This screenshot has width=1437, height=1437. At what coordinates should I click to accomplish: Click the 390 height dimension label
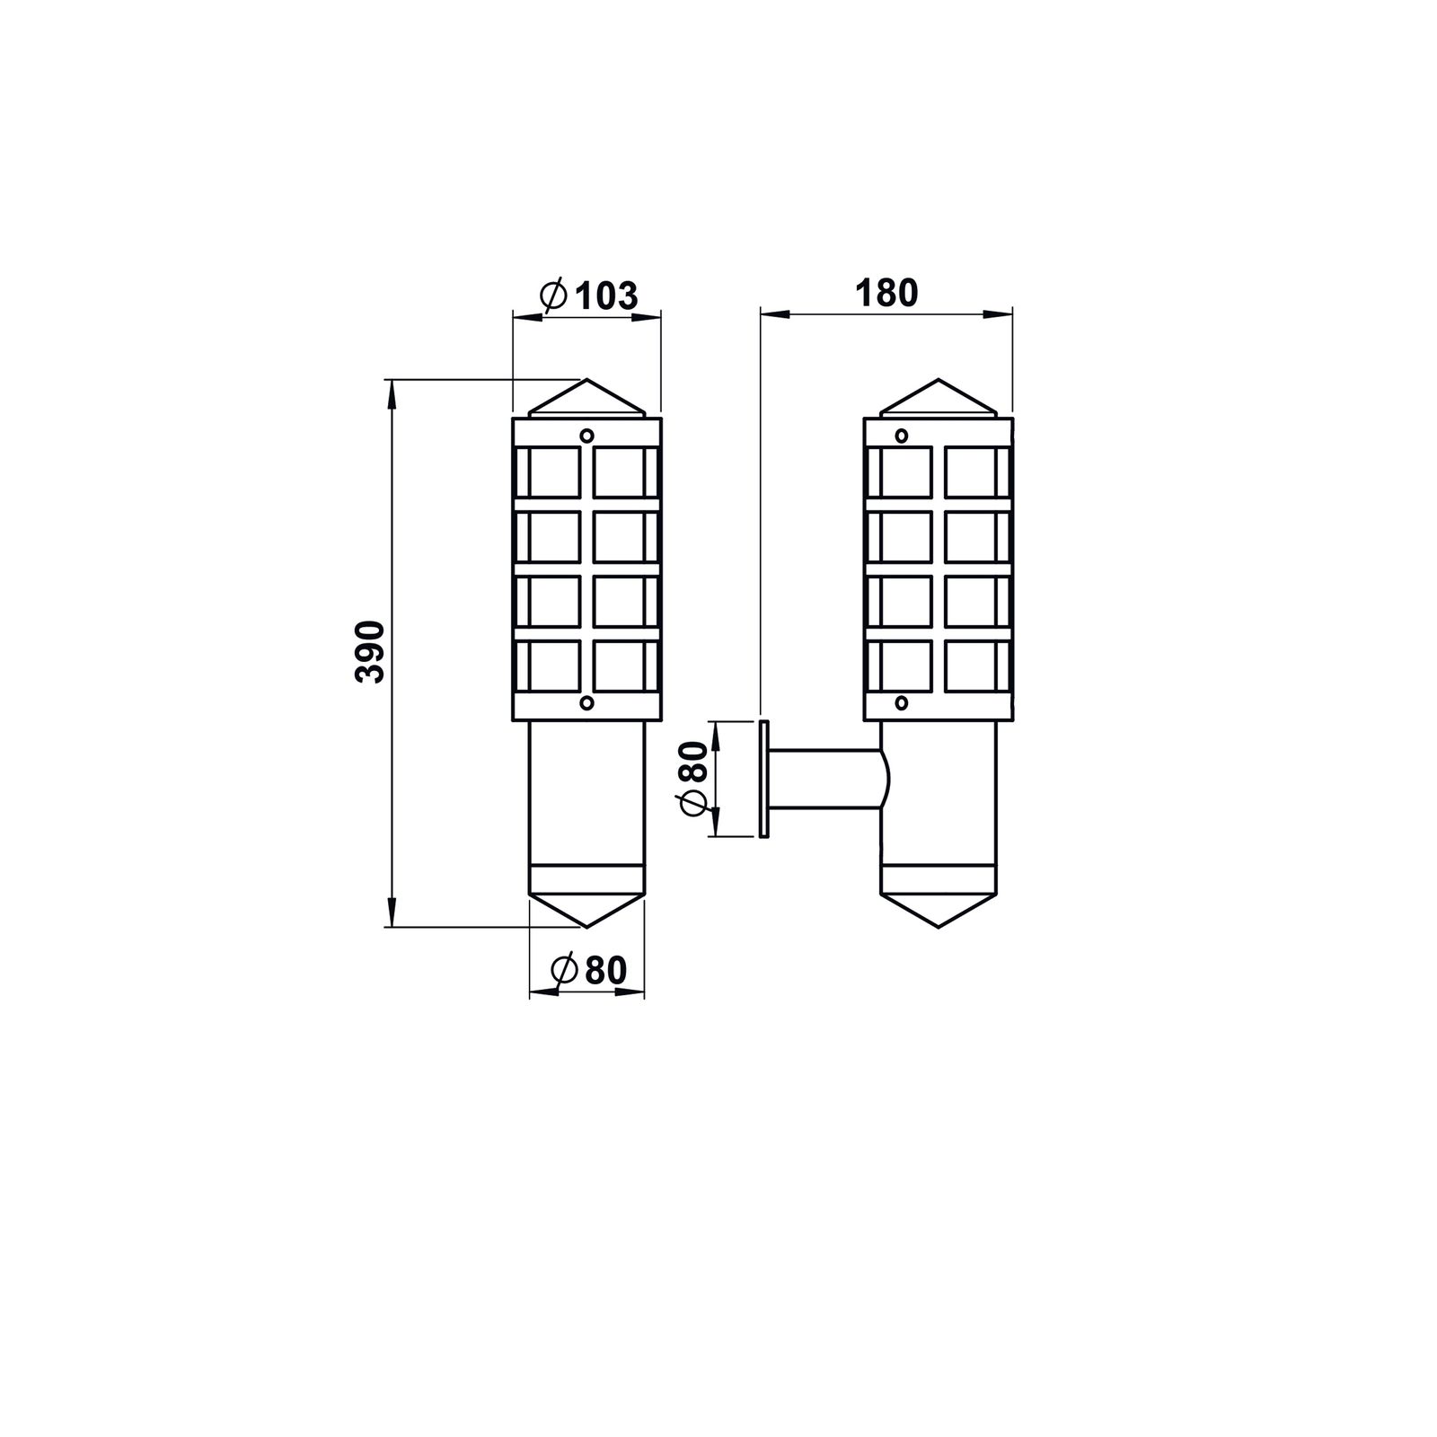coord(371,651)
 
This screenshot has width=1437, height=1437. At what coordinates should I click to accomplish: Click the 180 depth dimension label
coord(886,294)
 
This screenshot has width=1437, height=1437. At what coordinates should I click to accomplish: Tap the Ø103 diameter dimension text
coord(590,295)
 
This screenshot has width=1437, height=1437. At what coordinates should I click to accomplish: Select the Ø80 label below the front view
coord(589,970)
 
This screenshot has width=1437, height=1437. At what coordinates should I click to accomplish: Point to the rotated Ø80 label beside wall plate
coord(695,779)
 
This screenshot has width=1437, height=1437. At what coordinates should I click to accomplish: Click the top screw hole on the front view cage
coord(586,436)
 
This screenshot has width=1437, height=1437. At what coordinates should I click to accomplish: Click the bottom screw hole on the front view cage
coord(586,702)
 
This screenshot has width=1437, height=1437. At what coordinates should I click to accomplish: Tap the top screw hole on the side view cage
coord(902,436)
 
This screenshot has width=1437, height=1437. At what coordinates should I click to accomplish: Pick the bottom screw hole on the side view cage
coord(902,702)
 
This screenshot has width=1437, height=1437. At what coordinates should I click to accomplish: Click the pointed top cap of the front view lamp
coord(586,398)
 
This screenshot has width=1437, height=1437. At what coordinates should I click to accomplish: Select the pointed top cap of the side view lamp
coord(939,398)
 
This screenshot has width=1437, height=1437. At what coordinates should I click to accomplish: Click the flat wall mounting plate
coord(763,779)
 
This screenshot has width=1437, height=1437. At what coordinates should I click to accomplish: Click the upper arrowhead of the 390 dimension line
coord(391,390)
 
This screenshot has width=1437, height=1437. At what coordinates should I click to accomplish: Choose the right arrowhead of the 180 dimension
coord(1000,313)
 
